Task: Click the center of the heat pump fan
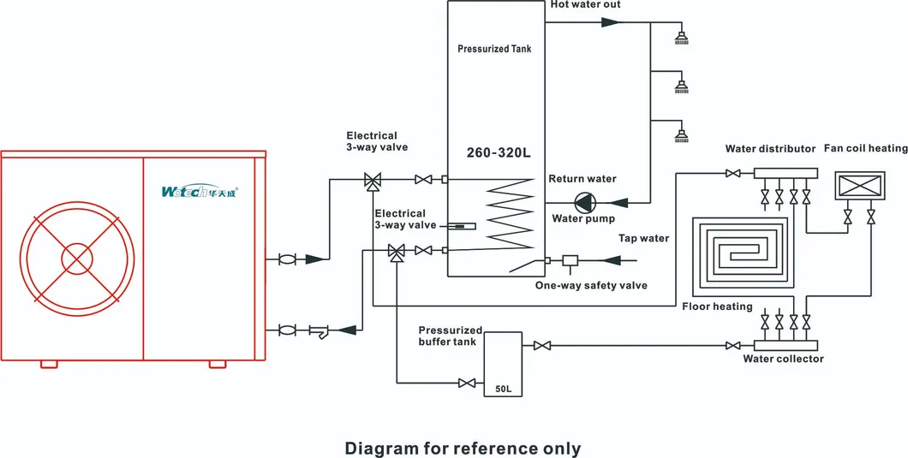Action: pyautogui.click(x=78, y=259)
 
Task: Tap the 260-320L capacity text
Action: pyautogui.click(x=499, y=153)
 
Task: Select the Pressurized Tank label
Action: pyautogui.click(x=494, y=49)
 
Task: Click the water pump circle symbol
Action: pyautogui.click(x=582, y=203)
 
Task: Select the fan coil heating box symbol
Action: pyautogui.click(x=859, y=186)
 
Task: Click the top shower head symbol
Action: pyautogui.click(x=682, y=37)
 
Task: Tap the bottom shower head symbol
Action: pyautogui.click(x=682, y=134)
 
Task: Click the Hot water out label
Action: pyautogui.click(x=585, y=5)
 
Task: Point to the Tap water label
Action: pyautogui.click(x=643, y=238)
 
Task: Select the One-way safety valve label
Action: pyautogui.click(x=591, y=285)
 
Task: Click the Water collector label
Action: pyautogui.click(x=783, y=359)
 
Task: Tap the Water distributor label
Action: pyautogui.click(x=770, y=149)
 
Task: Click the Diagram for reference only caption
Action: pyautogui.click(x=463, y=448)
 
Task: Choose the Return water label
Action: pyautogui.click(x=582, y=179)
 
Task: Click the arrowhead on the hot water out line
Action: pyautogui.click(x=610, y=21)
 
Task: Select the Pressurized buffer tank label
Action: pyautogui.click(x=451, y=335)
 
